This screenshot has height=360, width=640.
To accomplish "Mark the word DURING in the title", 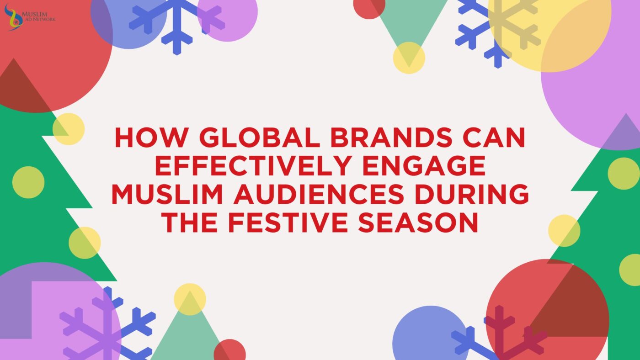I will [475, 195].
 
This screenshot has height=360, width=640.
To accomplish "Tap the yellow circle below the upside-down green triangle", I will [409, 58].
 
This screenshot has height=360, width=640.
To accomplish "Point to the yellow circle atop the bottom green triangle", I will [190, 299].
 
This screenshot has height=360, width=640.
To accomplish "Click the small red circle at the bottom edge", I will [230, 351].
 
